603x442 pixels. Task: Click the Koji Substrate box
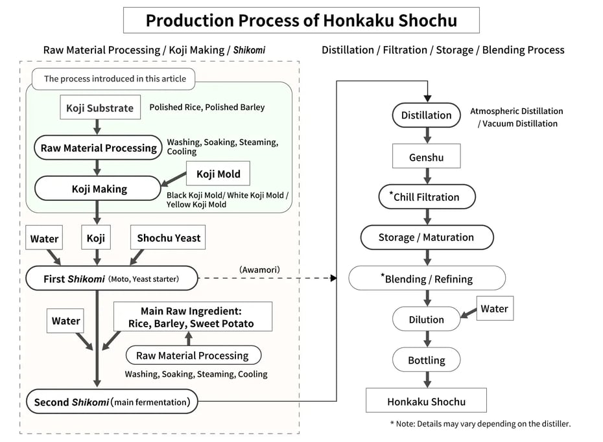[100, 108]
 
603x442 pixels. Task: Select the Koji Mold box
[218, 174]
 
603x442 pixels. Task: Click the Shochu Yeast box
[169, 238]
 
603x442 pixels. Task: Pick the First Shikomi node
[111, 279]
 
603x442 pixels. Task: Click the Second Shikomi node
[112, 402]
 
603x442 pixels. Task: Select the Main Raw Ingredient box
[193, 317]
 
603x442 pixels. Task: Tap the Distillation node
[426, 115]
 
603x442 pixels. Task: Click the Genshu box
[426, 157]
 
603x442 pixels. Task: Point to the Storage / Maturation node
[426, 237]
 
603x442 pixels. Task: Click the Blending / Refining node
[427, 279]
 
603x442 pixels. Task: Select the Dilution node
[426, 320]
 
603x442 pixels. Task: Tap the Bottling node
[426, 360]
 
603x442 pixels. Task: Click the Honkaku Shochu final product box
[426, 401]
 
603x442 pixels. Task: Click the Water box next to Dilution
[494, 309]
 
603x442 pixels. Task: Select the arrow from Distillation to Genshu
[427, 135]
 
